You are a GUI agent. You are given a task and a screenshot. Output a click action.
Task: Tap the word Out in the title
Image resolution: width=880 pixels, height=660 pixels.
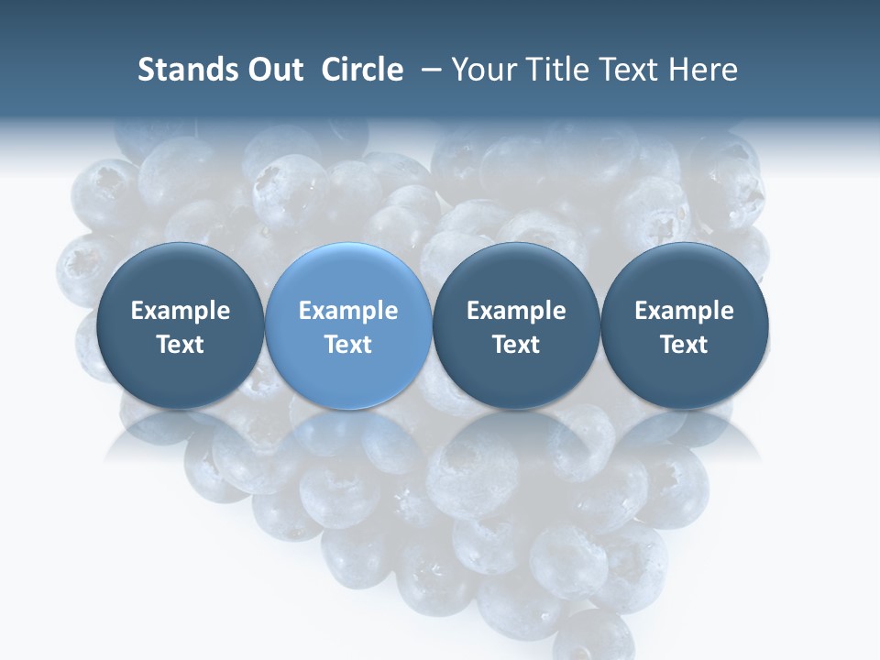pyautogui.click(x=272, y=70)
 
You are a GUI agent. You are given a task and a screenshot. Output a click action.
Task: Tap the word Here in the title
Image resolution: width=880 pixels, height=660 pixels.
pyautogui.click(x=703, y=70)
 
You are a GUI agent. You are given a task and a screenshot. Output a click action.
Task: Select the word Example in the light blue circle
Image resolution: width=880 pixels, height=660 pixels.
pyautogui.click(x=348, y=311)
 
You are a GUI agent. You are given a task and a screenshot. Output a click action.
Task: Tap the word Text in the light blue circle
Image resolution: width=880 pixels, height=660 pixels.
pyautogui.click(x=348, y=345)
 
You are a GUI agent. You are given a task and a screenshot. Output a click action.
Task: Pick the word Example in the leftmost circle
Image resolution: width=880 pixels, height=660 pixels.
pyautogui.click(x=180, y=311)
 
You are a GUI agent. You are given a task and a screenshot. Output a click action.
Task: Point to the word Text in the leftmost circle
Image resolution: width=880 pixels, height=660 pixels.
pyautogui.click(x=180, y=345)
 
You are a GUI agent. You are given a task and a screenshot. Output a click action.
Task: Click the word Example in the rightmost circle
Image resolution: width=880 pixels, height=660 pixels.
pyautogui.click(x=685, y=311)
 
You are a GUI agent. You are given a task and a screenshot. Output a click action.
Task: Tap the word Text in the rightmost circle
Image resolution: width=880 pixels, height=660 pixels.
pyautogui.click(x=685, y=345)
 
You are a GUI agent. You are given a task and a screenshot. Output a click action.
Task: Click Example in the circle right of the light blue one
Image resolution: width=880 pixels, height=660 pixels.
pyautogui.click(x=516, y=311)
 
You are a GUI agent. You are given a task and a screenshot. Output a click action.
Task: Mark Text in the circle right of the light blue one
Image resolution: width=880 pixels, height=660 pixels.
pyautogui.click(x=516, y=345)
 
